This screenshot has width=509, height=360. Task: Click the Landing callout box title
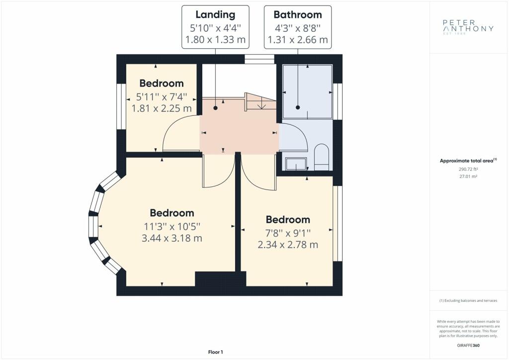pyautogui.click(x=215, y=15)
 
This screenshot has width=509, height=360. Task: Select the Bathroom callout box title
pyautogui.click(x=298, y=15)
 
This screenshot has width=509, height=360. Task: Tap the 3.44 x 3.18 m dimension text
pyautogui.click(x=171, y=239)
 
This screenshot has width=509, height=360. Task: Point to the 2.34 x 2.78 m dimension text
pyautogui.click(x=288, y=245)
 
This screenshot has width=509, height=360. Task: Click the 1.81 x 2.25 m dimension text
pyautogui.click(x=162, y=108)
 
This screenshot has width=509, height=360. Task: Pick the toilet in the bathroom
pyautogui.click(x=322, y=157)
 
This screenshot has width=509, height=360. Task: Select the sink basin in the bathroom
pyautogui.click(x=296, y=164)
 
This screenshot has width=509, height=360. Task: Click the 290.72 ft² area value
pyautogui.click(x=468, y=169)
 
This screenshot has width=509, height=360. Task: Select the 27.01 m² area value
pyautogui.click(x=468, y=177)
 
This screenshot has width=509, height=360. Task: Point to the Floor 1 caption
pyautogui.click(x=216, y=352)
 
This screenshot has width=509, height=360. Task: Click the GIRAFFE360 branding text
pyautogui.click(x=468, y=346)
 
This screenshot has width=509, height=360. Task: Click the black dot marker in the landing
pyautogui.click(x=216, y=108)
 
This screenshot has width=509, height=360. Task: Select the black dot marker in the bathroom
pyautogui.click(x=298, y=107)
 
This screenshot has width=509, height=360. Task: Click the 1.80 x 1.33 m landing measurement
pyautogui.click(x=215, y=40)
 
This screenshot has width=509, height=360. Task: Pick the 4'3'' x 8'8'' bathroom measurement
pyautogui.click(x=298, y=28)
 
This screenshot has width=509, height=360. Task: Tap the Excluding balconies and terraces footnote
pyautogui.click(x=468, y=301)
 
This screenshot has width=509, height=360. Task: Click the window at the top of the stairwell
pyautogui.click(x=259, y=59)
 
